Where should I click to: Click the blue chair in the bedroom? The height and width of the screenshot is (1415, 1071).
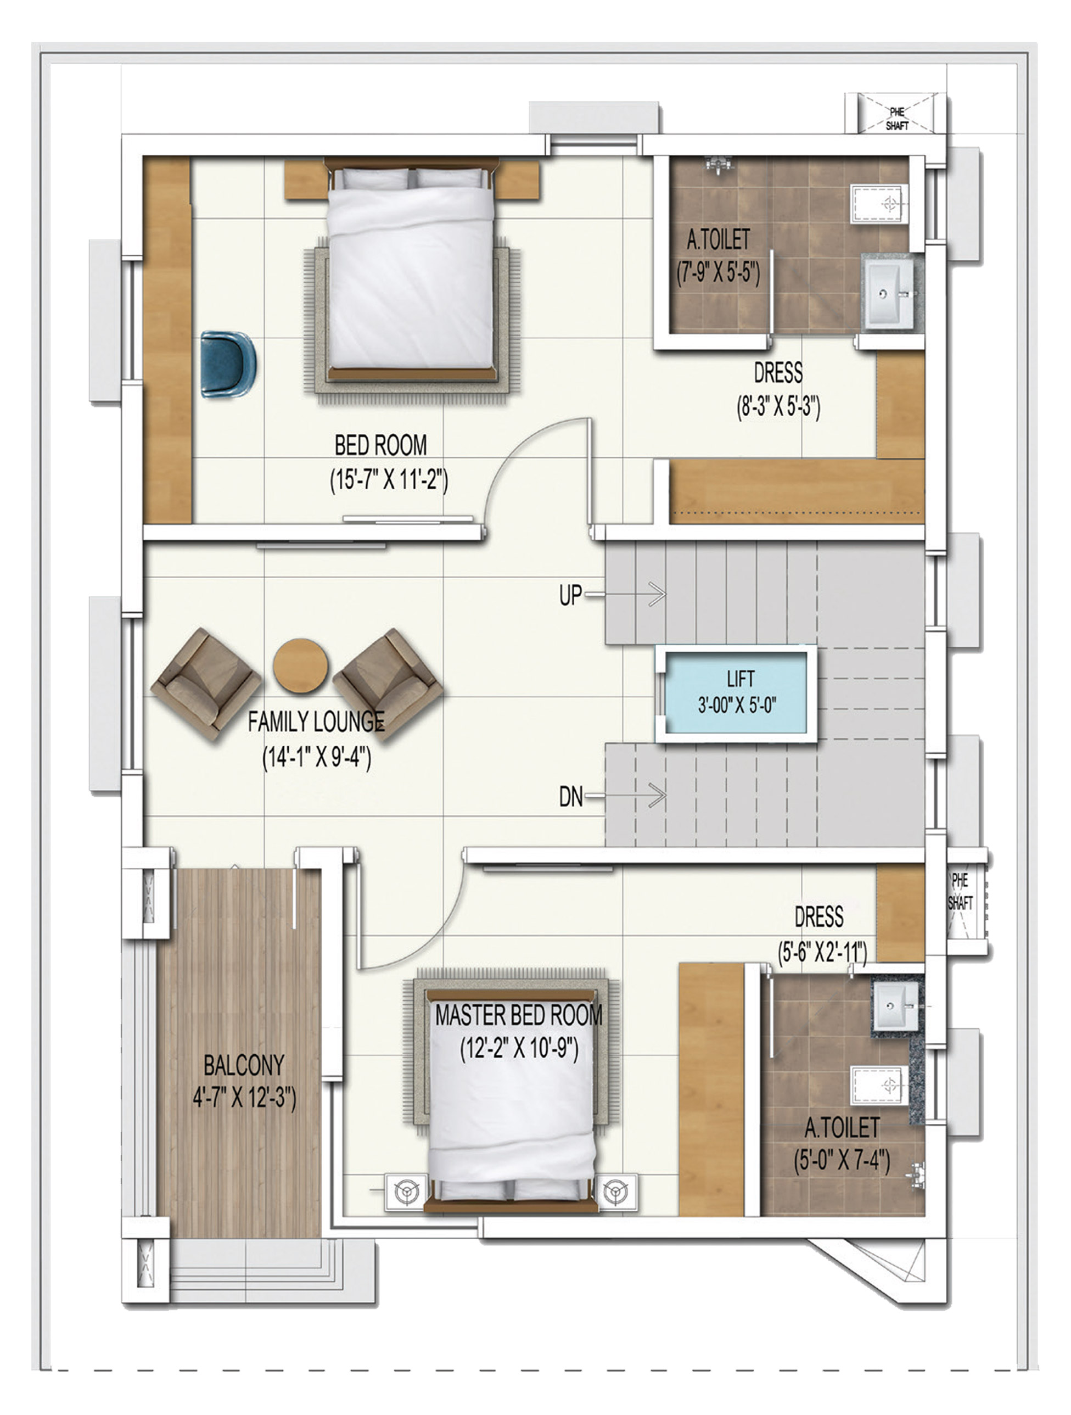pos(227,365)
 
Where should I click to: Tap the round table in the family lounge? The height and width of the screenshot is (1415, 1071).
pos(300,665)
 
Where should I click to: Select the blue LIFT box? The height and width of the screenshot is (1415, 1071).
pos(737,693)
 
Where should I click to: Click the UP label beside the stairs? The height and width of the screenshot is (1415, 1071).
pos(570,595)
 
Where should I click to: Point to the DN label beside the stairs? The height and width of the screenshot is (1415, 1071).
pos(570,797)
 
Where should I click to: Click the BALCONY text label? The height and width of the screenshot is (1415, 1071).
pos(244,1065)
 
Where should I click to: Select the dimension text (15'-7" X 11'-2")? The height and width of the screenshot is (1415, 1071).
pos(389,480)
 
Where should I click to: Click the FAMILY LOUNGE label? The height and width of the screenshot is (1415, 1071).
pos(316,722)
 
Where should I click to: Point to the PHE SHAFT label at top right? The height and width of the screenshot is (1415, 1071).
pos(896,119)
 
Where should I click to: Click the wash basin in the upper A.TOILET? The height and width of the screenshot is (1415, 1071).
pos(889,294)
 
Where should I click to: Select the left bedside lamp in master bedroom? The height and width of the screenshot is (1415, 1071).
pos(405,1192)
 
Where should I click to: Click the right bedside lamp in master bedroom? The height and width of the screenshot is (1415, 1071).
pos(616,1192)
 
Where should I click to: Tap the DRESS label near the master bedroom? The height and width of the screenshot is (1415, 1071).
pos(818,916)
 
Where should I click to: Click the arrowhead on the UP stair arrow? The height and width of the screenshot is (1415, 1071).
pos(659,594)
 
